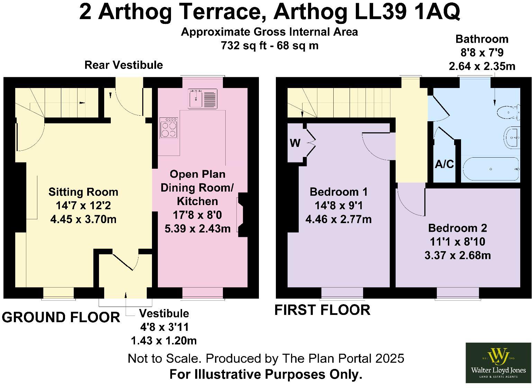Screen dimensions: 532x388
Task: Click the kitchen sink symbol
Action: pos(202,99)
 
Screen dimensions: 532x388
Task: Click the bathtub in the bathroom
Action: pos(491,169)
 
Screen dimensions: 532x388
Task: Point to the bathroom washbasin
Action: pos(512,138)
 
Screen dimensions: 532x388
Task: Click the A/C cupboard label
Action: pos(444,164)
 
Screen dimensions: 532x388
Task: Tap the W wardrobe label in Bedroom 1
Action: pos(295,143)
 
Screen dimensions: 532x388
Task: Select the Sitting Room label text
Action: pos(83,192)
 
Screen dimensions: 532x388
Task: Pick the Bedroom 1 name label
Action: pos(339,192)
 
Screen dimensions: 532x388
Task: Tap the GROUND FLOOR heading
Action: pos(61,317)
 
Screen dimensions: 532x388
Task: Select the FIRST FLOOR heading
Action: pos(322,310)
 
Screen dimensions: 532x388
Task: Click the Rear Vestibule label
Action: pos(124,65)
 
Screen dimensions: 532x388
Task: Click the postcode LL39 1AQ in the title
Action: pos(407,12)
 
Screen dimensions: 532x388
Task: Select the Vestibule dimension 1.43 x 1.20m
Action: pos(164,341)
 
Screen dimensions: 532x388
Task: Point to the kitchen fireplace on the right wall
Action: pos(242,215)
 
